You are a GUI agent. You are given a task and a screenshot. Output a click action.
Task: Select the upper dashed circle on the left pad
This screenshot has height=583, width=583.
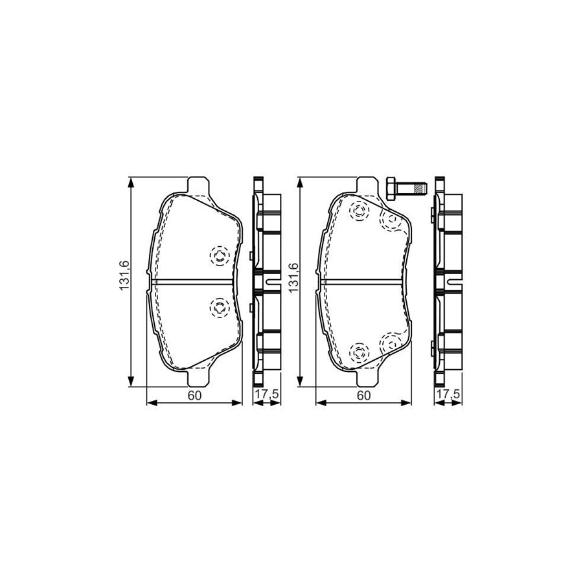pyautogui.click(x=218, y=257)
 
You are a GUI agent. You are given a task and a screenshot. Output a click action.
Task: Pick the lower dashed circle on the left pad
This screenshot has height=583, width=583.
pyautogui.click(x=218, y=307)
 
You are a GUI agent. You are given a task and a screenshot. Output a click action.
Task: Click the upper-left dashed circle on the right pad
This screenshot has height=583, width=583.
pyautogui.click(x=358, y=212)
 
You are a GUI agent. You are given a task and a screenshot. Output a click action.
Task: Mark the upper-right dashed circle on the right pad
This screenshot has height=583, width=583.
pyautogui.click(x=391, y=220)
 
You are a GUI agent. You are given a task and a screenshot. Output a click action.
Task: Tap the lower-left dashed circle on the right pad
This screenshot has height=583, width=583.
pyautogui.click(x=358, y=353)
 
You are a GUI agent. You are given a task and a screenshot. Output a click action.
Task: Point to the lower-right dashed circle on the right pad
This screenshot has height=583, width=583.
pyautogui.click(x=391, y=343)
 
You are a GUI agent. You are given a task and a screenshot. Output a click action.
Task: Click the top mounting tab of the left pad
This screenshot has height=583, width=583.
pyautogui.click(x=198, y=185)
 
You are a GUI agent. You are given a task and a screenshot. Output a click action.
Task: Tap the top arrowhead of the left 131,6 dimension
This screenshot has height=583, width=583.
pyautogui.click(x=132, y=182)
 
